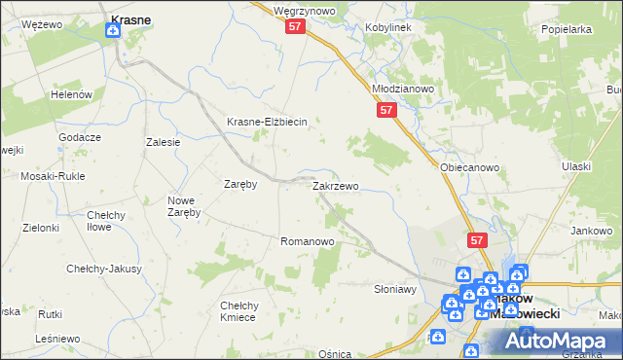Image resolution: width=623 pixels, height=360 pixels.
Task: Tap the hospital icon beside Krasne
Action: tap(113, 31)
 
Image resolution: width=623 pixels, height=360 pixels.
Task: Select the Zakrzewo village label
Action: tap(335, 185)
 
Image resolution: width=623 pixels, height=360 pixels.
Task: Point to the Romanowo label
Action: tap(308, 240)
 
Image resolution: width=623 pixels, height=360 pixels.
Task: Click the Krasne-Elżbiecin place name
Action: tap(267, 122)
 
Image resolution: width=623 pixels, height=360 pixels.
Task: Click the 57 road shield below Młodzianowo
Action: tap(386, 112)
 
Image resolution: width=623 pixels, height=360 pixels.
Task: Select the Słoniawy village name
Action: tap(395, 289)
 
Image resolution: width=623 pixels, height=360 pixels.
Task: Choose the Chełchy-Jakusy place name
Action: tap(104, 269)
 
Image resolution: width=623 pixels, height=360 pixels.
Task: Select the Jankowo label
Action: tap(592, 231)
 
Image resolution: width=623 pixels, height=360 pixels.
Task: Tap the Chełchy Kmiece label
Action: tap(238, 310)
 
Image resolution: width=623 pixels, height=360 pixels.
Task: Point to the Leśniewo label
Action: tap(56, 338)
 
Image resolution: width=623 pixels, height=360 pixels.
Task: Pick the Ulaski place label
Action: tap(576, 166)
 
